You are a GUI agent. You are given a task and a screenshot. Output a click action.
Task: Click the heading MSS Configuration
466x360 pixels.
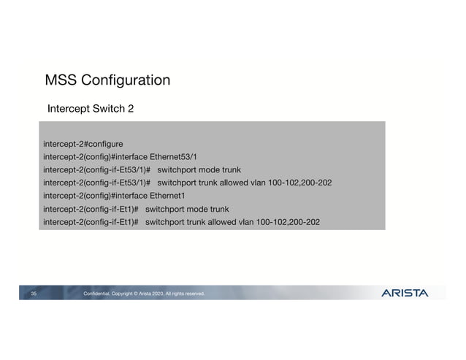107,80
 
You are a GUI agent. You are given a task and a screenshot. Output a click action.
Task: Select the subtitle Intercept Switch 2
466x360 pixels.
91,109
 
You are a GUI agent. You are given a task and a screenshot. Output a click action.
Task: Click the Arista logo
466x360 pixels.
405,294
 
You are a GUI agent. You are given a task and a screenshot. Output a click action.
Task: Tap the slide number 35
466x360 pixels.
34,294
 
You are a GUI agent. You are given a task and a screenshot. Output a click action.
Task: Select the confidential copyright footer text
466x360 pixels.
145,294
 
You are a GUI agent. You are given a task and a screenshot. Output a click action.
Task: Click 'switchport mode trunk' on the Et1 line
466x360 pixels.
187,209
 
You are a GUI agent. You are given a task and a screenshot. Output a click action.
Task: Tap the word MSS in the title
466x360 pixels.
59,80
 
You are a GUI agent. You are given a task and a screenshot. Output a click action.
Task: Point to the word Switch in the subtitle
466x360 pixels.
107,109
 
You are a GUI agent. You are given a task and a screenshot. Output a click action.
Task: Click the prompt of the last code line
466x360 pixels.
91,222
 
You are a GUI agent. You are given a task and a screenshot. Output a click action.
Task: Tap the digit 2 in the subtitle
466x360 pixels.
131,109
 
